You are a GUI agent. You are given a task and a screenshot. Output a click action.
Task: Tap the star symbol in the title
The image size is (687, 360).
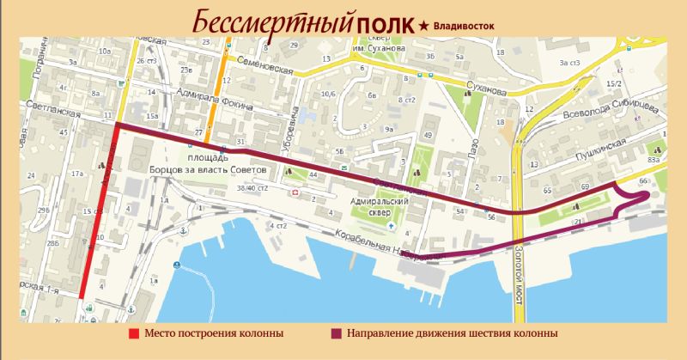pyautogui.click(x=423, y=26)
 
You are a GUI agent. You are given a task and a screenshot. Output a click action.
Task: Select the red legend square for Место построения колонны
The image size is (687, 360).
pyautogui.click(x=133, y=333)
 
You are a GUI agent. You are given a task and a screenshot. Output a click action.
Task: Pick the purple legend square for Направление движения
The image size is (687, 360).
pyautogui.click(x=335, y=333)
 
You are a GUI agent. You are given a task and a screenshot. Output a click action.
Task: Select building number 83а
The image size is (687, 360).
pyautogui.click(x=654, y=160)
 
